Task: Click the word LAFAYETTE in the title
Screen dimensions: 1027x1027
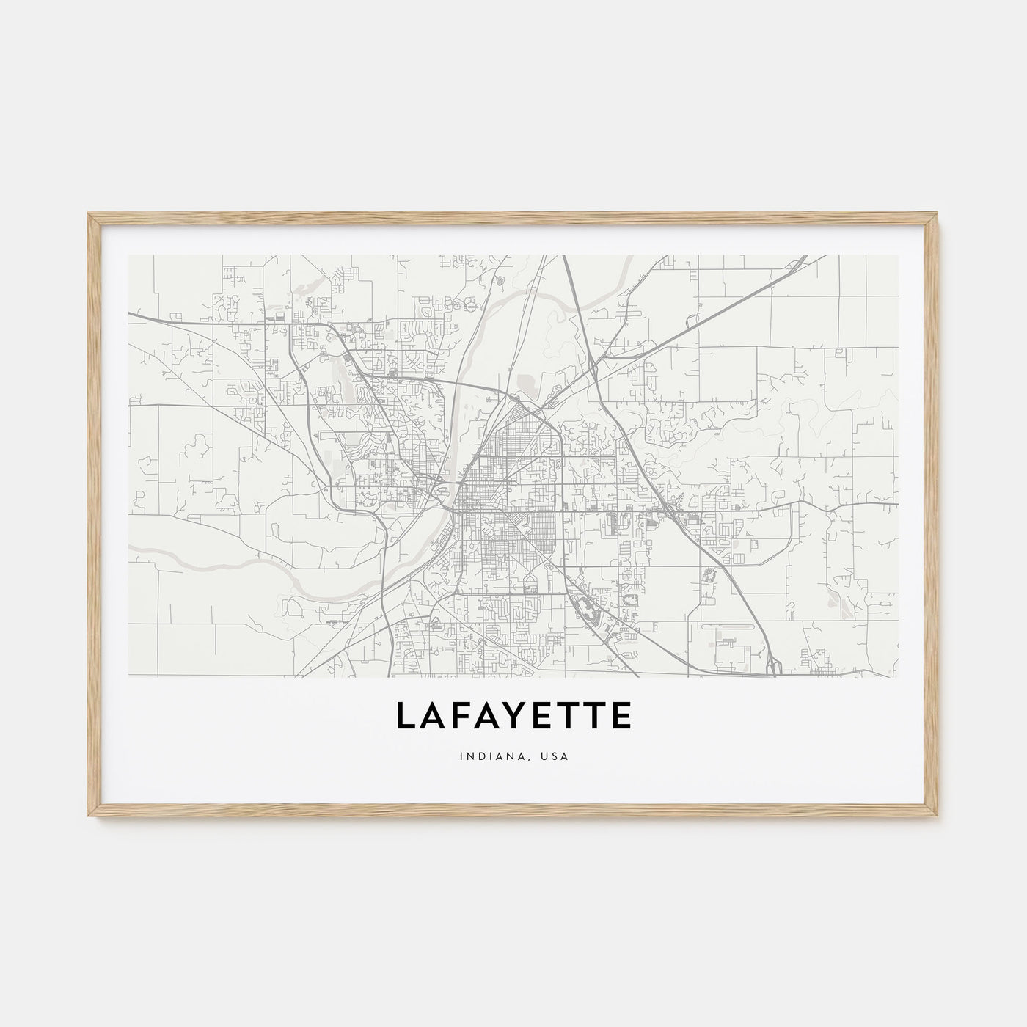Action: [513, 716]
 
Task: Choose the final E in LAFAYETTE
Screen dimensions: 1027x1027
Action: [620, 716]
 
